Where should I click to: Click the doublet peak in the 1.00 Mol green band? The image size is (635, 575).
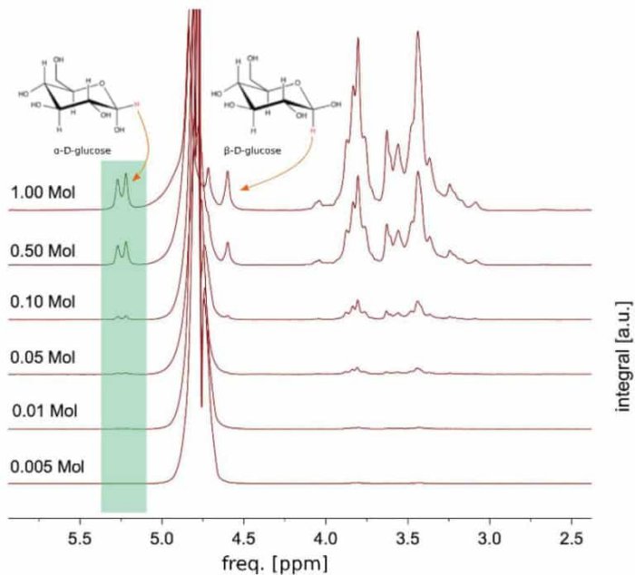pos(122,190)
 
